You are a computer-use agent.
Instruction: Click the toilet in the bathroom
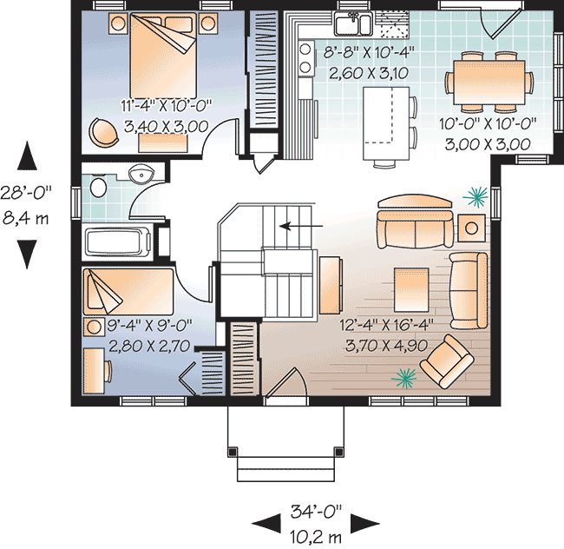coord(97,187)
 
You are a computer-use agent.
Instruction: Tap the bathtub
coord(117,242)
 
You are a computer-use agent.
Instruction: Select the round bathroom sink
coord(141,174)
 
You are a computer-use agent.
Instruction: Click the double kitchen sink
coord(353,23)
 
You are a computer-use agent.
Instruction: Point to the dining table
coord(489,82)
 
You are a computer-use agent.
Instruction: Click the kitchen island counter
coord(386,123)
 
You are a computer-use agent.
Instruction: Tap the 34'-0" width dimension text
coord(316,511)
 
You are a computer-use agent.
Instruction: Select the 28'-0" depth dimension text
coord(26,192)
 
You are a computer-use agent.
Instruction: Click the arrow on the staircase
coord(301,226)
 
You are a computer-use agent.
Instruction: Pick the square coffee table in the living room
coord(411,290)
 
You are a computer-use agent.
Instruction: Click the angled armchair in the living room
coord(447,361)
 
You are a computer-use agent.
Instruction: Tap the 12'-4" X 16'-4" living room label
coord(387,325)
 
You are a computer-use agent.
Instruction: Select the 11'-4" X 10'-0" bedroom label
coord(167,105)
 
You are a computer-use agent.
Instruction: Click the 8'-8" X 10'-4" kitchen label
coord(369,53)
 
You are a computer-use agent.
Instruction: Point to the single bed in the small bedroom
coord(128,292)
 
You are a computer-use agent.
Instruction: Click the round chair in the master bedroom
coord(103,131)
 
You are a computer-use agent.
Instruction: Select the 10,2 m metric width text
coord(316,538)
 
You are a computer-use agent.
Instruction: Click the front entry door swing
coord(286,383)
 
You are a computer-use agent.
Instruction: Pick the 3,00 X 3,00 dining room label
coord(488,144)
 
